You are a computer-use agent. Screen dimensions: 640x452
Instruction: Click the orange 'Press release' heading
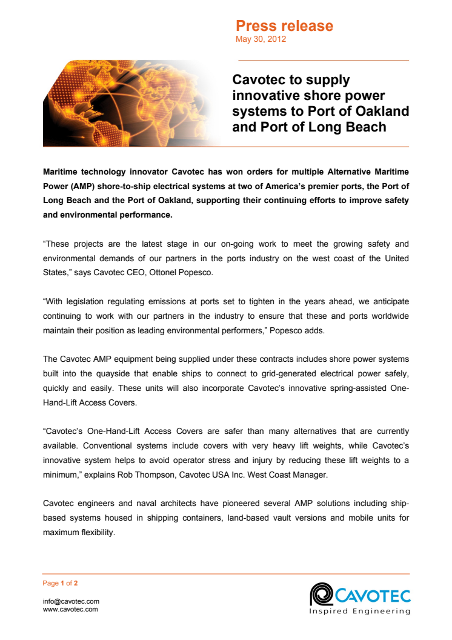click(284, 26)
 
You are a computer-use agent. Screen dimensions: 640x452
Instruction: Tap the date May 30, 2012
click(261, 39)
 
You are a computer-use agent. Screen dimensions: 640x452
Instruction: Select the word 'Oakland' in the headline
click(383, 112)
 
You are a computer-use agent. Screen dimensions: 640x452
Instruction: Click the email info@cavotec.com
click(71, 601)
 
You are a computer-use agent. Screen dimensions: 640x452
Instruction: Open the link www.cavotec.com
click(70, 609)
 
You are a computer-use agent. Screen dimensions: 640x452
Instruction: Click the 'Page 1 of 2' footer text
click(60, 584)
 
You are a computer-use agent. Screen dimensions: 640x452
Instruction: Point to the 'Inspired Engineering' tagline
click(360, 611)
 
